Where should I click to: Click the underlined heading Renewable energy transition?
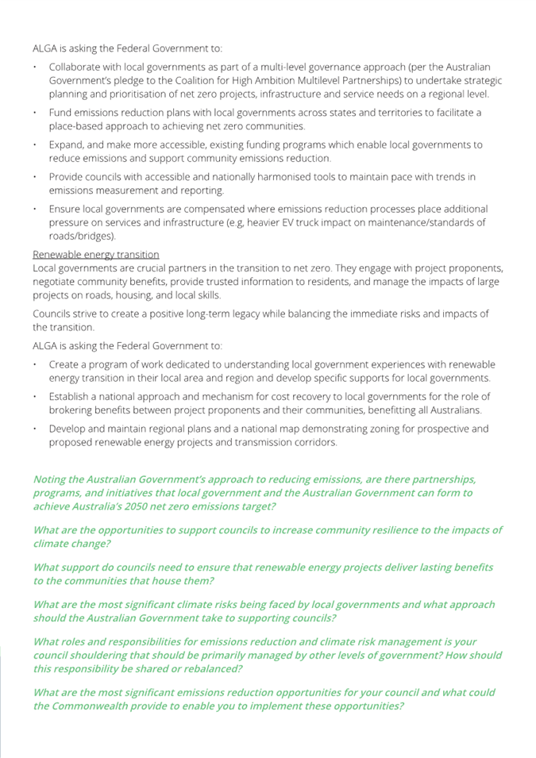tap(95, 254)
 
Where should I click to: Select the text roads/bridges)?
tap(83, 236)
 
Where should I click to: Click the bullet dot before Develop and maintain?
tap(36, 429)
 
